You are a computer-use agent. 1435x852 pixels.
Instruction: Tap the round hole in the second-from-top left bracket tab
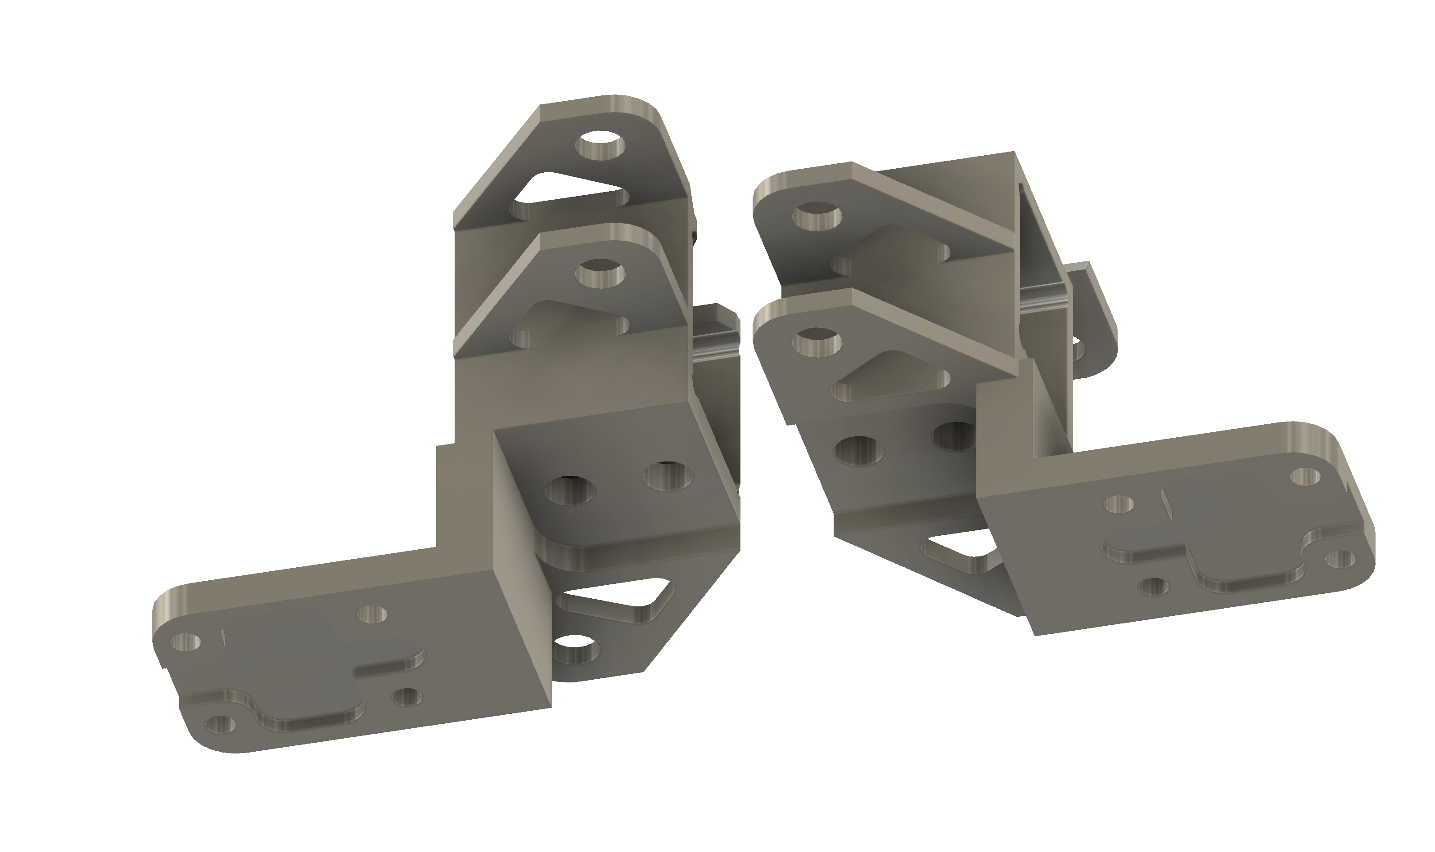[602, 274]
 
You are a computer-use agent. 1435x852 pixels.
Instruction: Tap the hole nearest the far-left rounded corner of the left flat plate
[186, 642]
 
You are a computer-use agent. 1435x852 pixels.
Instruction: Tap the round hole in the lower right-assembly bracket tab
[817, 343]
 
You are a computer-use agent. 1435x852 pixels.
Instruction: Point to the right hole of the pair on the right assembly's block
[952, 437]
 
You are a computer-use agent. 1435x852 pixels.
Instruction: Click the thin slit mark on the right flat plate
[1164, 502]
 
